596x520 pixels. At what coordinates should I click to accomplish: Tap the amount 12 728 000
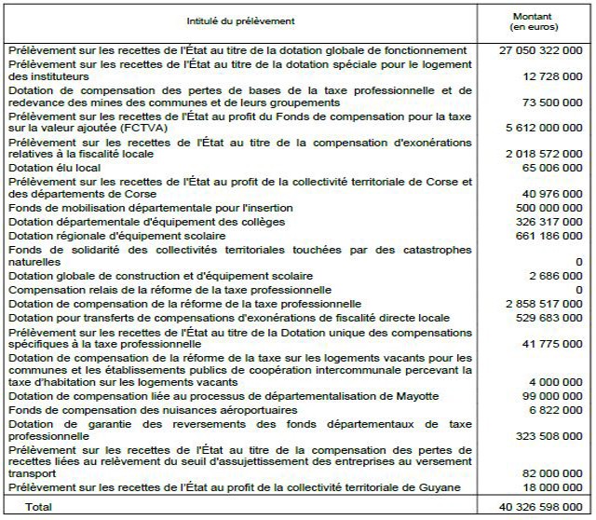point(552,75)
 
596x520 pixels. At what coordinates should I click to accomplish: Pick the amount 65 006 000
point(552,168)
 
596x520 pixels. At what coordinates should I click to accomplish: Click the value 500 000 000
point(549,207)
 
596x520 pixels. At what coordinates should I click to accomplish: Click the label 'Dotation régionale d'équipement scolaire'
point(109,237)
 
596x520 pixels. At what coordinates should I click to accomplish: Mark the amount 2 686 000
point(557,276)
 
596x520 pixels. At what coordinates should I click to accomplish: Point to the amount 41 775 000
point(552,344)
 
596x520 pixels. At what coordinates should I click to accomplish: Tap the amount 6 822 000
point(557,409)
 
